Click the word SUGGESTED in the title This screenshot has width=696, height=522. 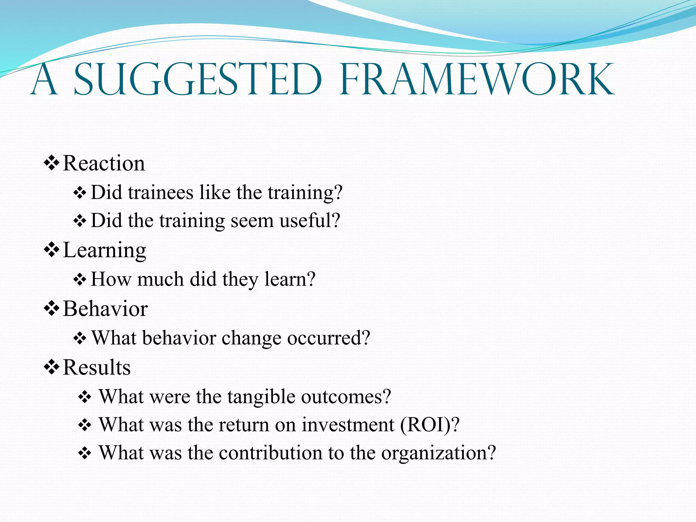coord(197,80)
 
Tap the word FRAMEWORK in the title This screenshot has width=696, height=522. coord(477,80)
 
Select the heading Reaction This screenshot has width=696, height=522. coord(104,163)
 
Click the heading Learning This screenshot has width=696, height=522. coord(105,250)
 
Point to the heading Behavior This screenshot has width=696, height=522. coord(105,309)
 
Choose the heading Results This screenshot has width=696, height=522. coord(97,367)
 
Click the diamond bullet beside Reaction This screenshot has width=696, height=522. coord(52,163)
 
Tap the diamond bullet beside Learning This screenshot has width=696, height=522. coord(52,250)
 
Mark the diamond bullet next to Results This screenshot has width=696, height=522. coord(52,367)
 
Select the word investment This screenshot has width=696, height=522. coord(348,425)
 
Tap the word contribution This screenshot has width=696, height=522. coord(271,453)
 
